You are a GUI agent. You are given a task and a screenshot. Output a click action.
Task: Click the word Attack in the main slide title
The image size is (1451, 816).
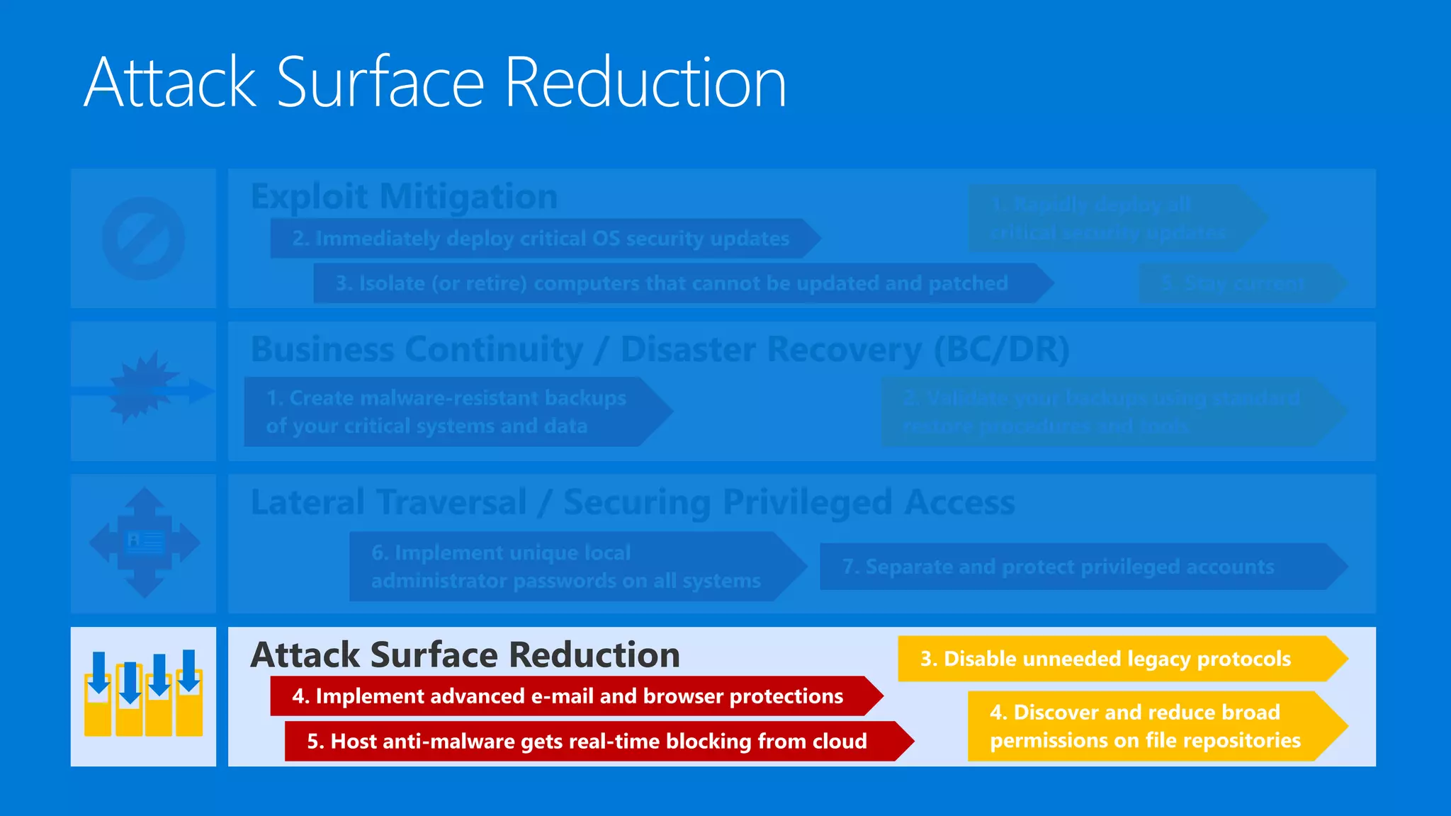click(170, 83)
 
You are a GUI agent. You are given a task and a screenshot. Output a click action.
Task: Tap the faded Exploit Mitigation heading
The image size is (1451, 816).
click(404, 196)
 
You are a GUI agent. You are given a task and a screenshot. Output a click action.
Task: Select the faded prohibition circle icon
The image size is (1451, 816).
click(143, 238)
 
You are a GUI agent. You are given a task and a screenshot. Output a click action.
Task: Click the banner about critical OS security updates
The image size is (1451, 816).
click(541, 239)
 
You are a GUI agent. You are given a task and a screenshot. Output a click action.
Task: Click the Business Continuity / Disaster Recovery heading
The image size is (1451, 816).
click(660, 349)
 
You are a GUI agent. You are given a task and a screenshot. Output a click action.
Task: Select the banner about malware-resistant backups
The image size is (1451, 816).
click(446, 412)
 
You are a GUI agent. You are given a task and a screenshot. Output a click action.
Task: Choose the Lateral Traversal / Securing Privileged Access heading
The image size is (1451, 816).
click(633, 502)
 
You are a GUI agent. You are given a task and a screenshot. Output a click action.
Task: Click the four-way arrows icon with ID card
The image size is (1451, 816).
click(145, 543)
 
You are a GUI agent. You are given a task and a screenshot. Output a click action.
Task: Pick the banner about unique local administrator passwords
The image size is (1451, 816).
click(566, 567)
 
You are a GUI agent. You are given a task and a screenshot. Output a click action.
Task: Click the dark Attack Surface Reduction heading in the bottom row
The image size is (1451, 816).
click(465, 654)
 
